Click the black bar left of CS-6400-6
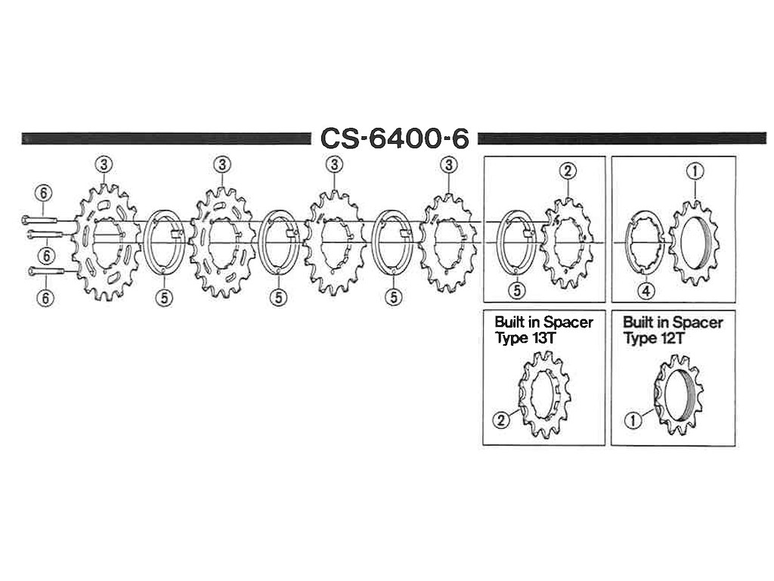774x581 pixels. pyautogui.click(x=166, y=138)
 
